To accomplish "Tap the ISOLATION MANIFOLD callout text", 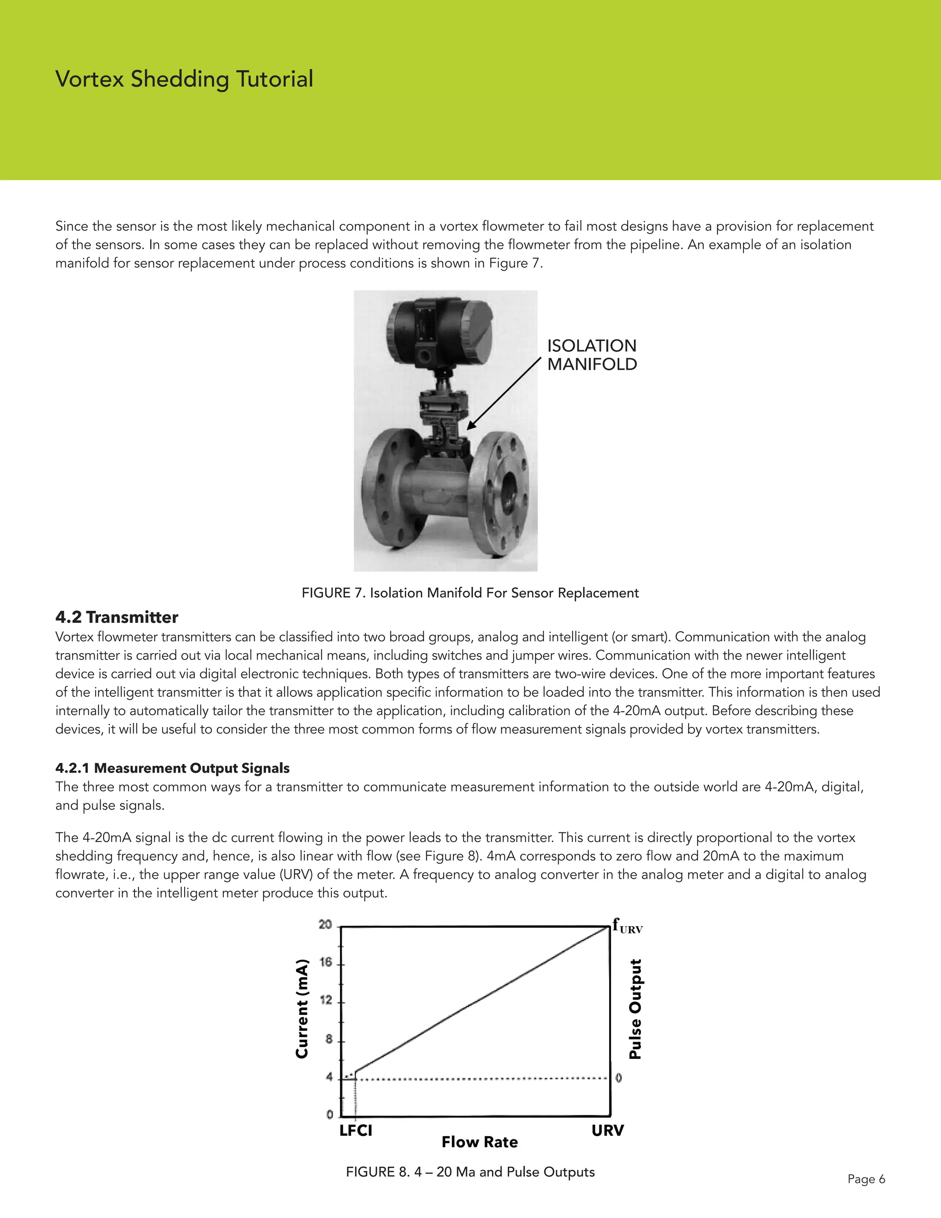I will click(x=591, y=355).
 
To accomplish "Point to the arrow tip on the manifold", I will click(x=468, y=428).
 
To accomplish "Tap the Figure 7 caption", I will click(x=470, y=593).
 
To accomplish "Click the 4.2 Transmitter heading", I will click(x=117, y=617).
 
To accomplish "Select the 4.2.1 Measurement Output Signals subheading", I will click(x=172, y=768).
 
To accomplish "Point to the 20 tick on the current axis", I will click(x=326, y=925).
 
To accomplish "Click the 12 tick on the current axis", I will click(x=326, y=1001).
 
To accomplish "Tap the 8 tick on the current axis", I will click(x=329, y=1040).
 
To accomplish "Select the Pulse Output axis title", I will click(x=635, y=1009).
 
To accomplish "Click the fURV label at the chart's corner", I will click(x=627, y=926).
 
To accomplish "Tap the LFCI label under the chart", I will click(x=356, y=1131).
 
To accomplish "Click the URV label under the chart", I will click(x=607, y=1131).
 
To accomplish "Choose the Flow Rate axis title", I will click(x=479, y=1142).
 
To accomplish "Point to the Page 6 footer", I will click(x=866, y=1179).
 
